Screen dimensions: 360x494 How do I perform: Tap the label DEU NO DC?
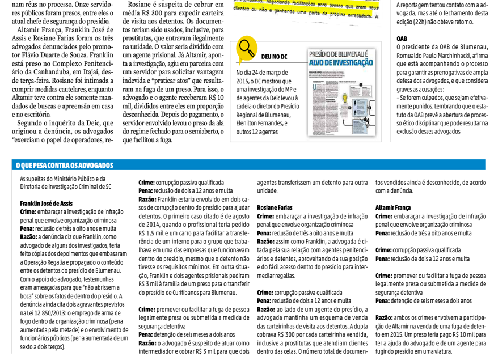pos(274,57)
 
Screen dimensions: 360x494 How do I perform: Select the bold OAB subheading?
pos(402,39)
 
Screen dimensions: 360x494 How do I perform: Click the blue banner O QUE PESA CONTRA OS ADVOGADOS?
pos(64,166)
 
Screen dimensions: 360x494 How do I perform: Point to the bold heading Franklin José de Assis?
pos(46,204)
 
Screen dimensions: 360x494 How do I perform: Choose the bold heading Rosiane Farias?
pos(275,208)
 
